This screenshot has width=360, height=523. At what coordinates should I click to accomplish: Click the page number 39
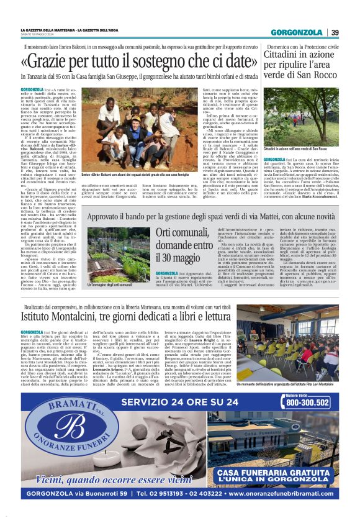[335, 32]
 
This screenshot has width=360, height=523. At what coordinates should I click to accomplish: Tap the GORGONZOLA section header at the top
[299, 32]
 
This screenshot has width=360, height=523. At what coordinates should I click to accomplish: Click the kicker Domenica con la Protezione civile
[301, 46]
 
